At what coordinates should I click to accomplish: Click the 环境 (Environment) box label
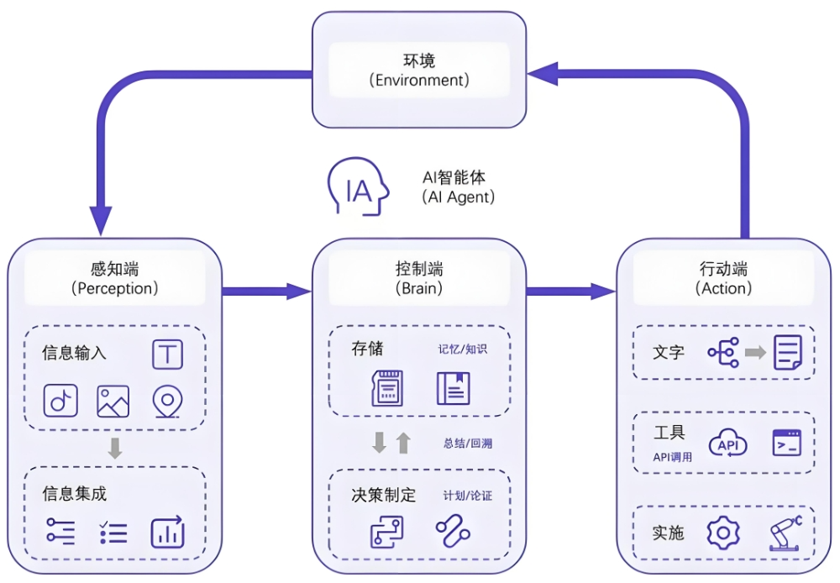[419, 71]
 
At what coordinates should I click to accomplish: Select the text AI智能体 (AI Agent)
[457, 187]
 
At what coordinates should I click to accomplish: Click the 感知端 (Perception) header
[114, 279]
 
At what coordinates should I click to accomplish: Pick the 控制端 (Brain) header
[419, 279]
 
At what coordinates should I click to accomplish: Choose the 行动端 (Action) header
[723, 279]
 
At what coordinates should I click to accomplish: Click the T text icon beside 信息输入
[167, 355]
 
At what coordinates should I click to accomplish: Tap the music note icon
[60, 401]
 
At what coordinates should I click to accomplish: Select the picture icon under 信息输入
[113, 401]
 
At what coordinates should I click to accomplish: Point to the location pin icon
[167, 402]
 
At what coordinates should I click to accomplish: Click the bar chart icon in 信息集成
[167, 533]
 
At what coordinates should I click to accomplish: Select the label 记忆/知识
[462, 349]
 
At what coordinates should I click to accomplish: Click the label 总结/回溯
[467, 443]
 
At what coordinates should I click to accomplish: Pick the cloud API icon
[727, 444]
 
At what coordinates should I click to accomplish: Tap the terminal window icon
[787, 443]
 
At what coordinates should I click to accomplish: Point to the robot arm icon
[785, 533]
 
